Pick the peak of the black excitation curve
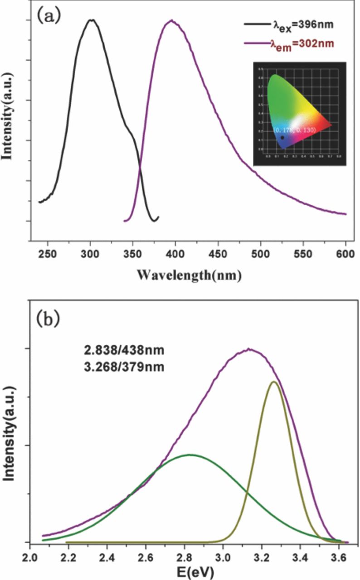pyautogui.click(x=92, y=20)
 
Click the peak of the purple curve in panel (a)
pyautogui.click(x=171, y=20)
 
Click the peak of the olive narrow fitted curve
pyautogui.click(x=273, y=382)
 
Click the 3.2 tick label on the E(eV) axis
pyautogui.click(x=262, y=554)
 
